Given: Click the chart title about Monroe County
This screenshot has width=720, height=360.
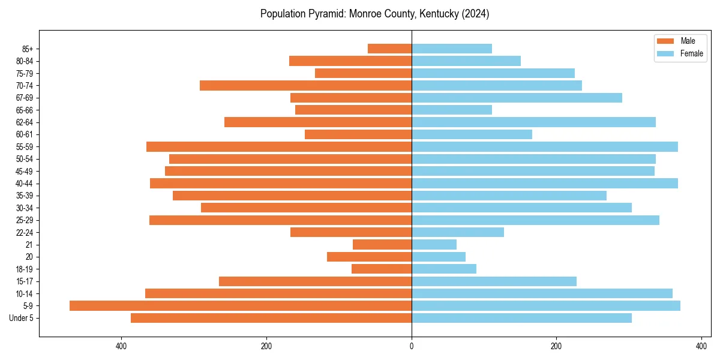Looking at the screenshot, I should pos(374,14).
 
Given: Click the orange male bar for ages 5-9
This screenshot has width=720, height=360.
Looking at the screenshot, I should pos(241,306).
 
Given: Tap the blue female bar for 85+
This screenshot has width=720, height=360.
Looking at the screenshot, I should pos(452,49).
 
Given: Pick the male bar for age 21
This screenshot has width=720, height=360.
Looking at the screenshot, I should pos(382,245).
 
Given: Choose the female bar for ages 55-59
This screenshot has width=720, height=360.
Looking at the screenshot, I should pos(545,147).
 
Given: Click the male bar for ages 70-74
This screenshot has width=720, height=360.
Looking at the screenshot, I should pos(305,86).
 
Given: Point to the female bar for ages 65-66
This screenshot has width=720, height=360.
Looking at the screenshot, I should pos(452,110).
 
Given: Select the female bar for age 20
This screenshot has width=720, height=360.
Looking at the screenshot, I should pos(439,257).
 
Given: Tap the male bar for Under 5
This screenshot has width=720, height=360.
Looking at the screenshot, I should pos(271,318).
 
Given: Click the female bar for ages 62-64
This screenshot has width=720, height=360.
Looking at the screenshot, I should pos(533,122).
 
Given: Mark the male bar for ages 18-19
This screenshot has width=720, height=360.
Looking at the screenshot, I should pos(382,269).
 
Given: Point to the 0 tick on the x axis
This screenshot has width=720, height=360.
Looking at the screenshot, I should pos(412,346).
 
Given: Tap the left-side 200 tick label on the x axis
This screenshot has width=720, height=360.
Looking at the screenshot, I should pos(266,346).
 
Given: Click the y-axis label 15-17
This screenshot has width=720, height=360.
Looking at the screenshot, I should pos(24,281).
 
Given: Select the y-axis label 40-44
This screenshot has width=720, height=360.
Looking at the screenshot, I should pos(24,184).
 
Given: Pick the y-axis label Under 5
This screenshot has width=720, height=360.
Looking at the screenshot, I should pos(22,318).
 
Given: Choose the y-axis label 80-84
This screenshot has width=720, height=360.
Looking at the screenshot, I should pos(24,61).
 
